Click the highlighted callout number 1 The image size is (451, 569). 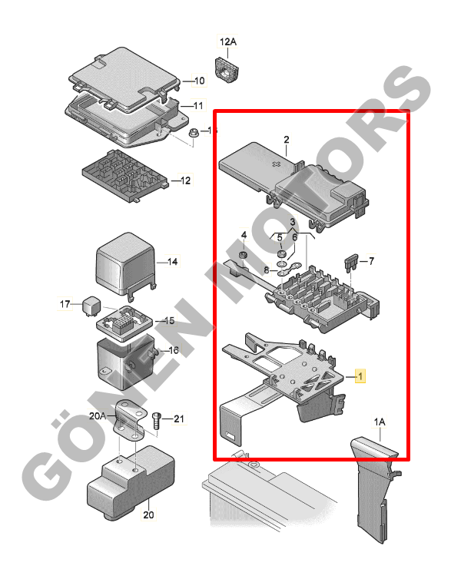[360, 376]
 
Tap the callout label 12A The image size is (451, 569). [228, 41]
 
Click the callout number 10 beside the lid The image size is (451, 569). [200, 81]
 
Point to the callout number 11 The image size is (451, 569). [198, 106]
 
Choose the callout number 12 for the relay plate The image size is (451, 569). [186, 180]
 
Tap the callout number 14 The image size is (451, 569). [173, 262]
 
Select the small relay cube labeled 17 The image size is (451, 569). [91, 306]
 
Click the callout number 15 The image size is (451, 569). [170, 321]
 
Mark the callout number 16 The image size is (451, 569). [174, 350]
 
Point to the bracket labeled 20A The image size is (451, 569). [130, 421]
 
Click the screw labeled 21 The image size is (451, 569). [157, 421]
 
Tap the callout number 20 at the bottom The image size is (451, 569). [148, 514]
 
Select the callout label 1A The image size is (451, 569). [380, 422]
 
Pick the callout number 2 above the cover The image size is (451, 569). [287, 139]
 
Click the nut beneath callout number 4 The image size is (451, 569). [243, 255]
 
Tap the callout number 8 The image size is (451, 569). [267, 270]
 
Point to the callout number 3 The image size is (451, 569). [293, 222]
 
